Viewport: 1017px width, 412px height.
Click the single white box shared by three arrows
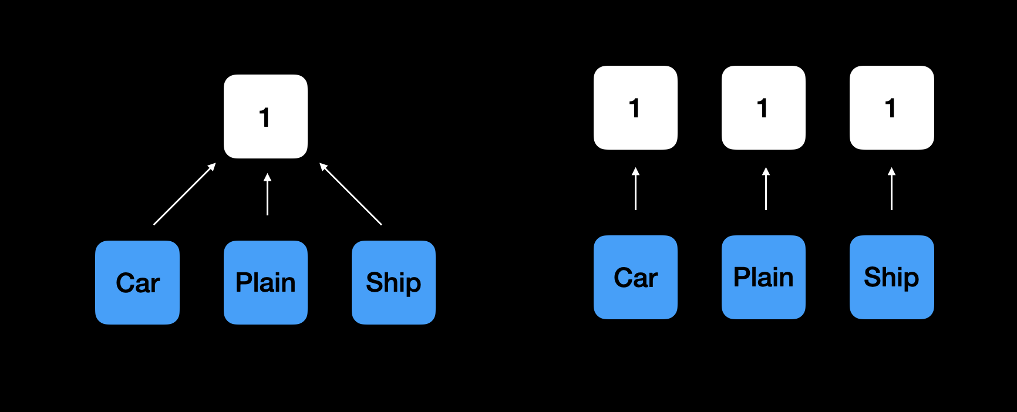point(265,116)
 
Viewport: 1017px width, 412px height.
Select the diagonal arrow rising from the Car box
point(184,194)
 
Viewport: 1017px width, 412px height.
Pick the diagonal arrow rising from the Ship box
point(351,194)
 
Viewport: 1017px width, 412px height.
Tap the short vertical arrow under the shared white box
point(267,194)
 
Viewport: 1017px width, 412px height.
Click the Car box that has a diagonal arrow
point(137,282)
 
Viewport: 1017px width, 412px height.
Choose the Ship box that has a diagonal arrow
point(393,282)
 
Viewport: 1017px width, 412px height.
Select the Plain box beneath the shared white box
point(265,282)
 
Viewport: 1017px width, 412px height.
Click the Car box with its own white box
point(635,277)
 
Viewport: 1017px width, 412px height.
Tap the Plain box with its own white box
point(763,277)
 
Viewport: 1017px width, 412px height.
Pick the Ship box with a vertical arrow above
point(892,277)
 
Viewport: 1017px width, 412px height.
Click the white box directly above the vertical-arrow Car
point(635,107)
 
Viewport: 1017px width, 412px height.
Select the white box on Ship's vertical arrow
point(892,107)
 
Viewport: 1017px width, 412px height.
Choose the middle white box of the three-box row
point(763,107)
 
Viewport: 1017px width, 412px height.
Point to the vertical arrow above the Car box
point(635,188)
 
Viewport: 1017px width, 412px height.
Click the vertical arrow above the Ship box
point(891,188)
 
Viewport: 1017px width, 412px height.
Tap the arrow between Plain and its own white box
point(766,188)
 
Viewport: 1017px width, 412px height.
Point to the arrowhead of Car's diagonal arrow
point(212,167)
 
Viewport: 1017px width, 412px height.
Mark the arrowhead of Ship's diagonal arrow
point(323,167)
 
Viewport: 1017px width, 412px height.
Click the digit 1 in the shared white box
point(265,117)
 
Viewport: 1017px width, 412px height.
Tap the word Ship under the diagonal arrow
point(393,283)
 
